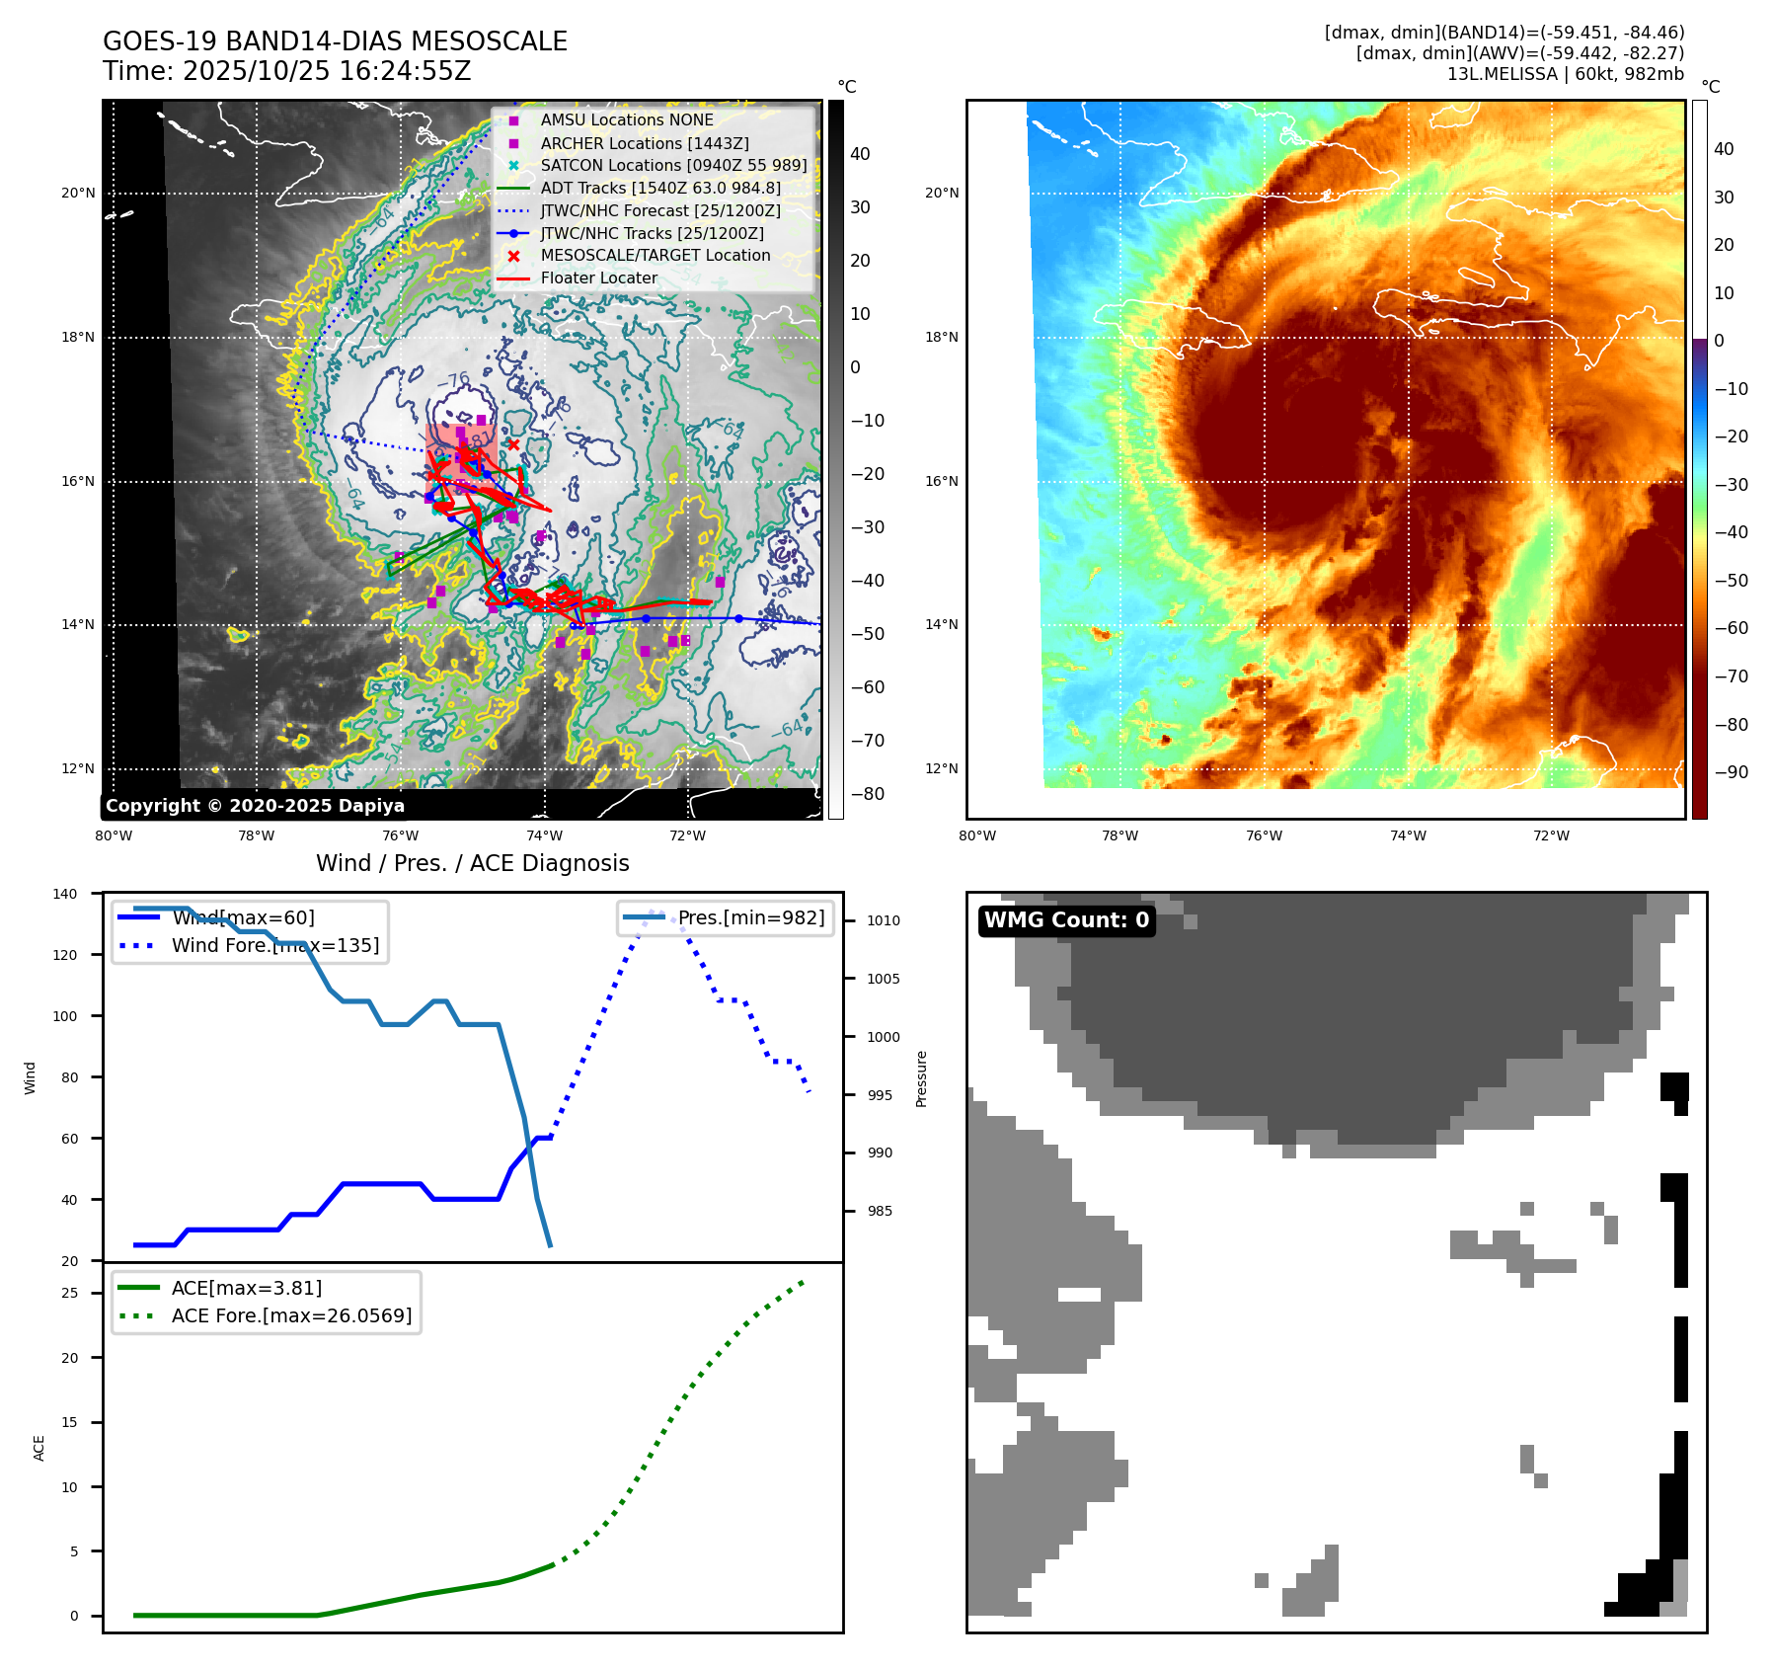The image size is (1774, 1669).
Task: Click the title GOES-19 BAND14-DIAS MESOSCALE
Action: [335, 41]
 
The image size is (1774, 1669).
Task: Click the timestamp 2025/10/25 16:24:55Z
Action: [327, 71]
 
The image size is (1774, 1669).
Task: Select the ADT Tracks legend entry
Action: [659, 188]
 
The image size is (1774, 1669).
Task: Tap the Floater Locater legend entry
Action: [598, 278]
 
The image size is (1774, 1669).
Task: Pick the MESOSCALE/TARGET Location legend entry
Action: [655, 256]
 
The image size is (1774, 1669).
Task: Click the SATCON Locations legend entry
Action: [673, 165]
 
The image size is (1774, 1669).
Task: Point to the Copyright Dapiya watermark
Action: [255, 806]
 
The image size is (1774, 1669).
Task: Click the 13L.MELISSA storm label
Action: [1565, 74]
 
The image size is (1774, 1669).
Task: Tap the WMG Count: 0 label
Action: [1066, 920]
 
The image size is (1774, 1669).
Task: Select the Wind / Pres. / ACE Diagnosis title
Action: [472, 863]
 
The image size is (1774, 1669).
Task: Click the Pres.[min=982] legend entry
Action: [750, 917]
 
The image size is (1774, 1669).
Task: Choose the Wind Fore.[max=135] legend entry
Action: [274, 945]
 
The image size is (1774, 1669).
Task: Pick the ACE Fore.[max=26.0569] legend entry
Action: [291, 1315]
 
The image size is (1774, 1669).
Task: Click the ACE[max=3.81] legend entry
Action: [246, 1288]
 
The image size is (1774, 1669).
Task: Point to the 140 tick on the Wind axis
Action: [65, 894]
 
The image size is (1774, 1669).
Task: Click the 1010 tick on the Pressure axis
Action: [884, 920]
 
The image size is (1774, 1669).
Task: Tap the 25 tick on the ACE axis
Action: [70, 1293]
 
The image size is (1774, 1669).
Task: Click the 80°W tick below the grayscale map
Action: [114, 836]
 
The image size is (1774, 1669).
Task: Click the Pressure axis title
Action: [921, 1078]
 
